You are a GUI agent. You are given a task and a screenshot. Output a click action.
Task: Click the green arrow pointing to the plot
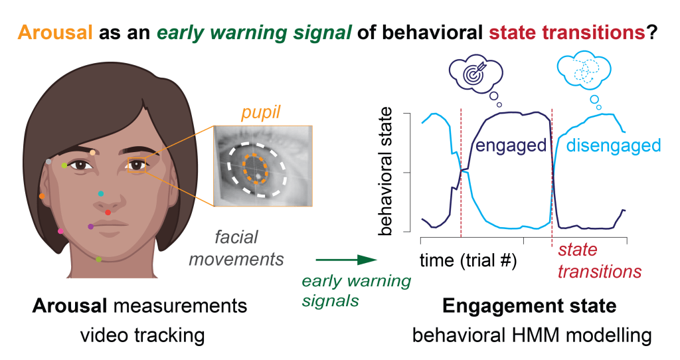click(342, 261)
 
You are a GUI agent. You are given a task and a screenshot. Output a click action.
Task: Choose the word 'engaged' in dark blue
click(510, 145)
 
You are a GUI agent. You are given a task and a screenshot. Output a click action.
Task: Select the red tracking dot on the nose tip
click(108, 213)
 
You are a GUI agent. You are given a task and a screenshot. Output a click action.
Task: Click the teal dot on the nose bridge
click(100, 194)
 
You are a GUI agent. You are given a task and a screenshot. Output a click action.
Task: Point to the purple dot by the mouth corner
click(91, 226)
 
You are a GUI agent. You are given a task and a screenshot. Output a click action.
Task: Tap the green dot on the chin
click(99, 260)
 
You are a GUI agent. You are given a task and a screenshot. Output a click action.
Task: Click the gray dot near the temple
click(48, 161)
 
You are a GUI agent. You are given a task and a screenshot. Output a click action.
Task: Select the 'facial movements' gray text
click(236, 247)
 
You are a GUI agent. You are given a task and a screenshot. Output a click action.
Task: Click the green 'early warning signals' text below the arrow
click(356, 290)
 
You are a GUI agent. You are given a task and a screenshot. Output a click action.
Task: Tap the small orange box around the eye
click(137, 165)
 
